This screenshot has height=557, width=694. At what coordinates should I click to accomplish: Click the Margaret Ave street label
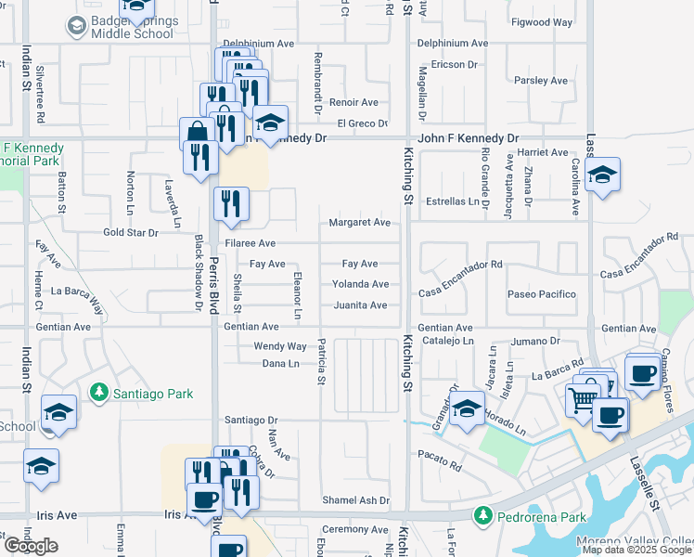359,223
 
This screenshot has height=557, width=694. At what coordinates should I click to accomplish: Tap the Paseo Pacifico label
541,294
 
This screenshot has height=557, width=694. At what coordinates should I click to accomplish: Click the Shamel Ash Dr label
355,500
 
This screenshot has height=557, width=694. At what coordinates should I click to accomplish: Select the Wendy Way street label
280,346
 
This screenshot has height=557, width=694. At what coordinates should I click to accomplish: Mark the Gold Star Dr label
132,232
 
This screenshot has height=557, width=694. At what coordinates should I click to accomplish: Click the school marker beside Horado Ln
468,409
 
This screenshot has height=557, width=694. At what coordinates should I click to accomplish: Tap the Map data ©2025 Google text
636,550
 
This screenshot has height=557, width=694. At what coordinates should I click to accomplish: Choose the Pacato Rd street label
439,459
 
